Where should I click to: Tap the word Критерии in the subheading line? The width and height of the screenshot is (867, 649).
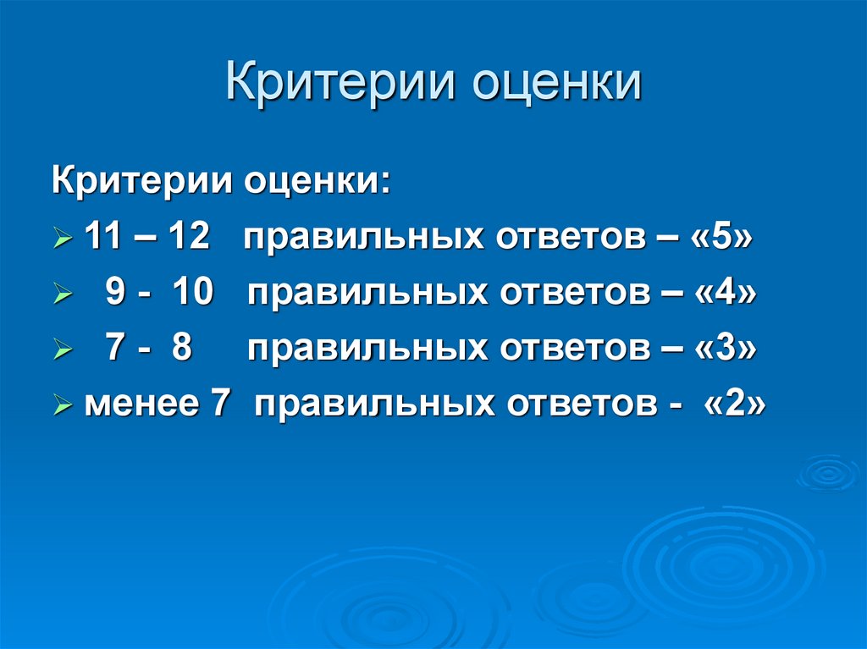click(144, 181)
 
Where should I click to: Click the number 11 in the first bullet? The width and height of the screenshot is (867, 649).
click(102, 238)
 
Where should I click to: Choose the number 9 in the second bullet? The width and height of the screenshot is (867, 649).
click(115, 294)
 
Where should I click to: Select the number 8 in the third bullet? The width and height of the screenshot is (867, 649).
click(181, 349)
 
